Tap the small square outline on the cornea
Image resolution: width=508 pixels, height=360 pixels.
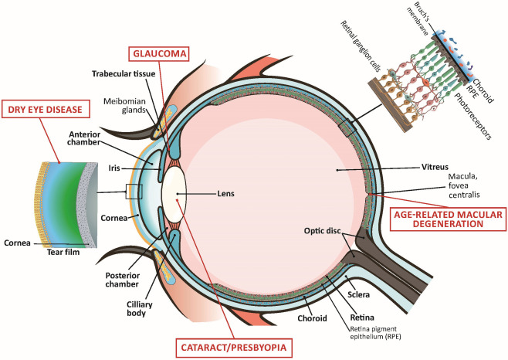(134, 192)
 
